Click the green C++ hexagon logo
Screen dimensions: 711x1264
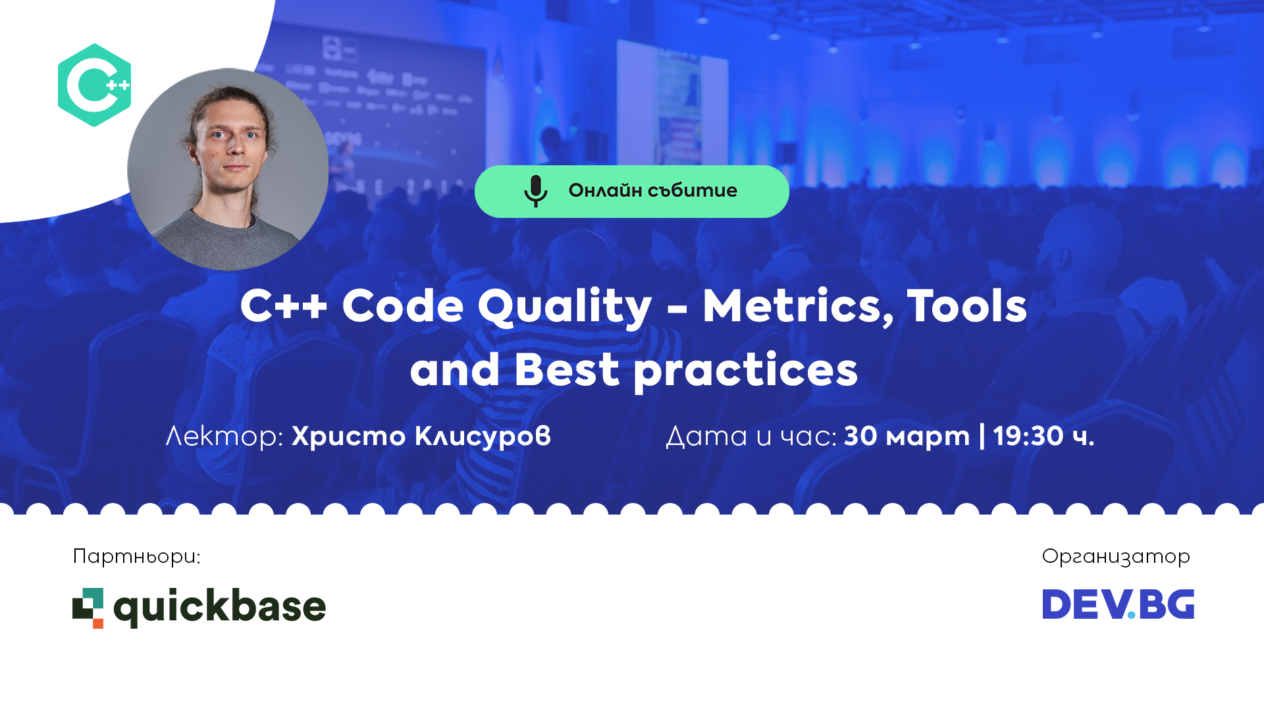(94, 85)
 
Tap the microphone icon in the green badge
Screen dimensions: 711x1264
(535, 191)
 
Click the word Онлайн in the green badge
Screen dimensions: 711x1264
(605, 190)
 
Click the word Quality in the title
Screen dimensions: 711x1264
(564, 307)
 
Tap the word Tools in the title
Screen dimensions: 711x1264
(966, 306)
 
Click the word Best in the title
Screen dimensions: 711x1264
(566, 369)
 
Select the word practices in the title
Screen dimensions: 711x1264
(745, 371)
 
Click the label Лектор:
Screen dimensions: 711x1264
(224, 436)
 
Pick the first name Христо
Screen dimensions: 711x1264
(348, 436)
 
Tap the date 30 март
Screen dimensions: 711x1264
(907, 436)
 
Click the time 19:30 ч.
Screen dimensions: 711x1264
(1043, 436)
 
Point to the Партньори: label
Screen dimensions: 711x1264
(136, 557)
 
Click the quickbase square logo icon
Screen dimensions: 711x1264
(88, 607)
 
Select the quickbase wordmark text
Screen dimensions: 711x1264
(220, 607)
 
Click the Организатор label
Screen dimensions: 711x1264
(1115, 557)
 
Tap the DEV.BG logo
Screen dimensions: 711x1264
(1118, 604)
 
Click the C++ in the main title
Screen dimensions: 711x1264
(283, 306)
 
